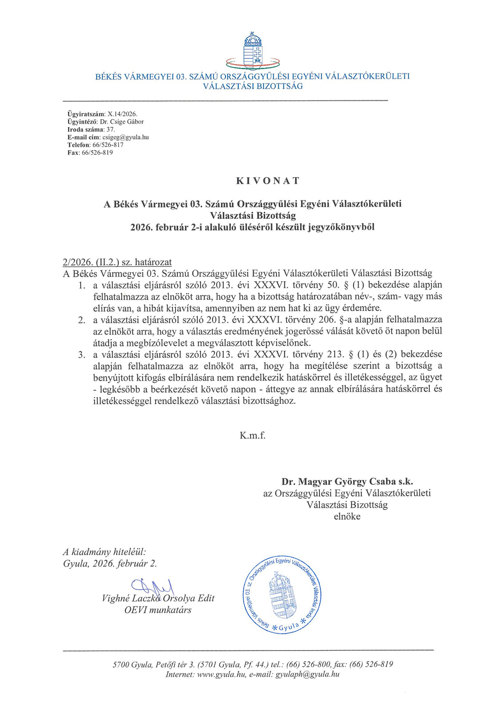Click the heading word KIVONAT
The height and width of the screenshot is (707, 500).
pyautogui.click(x=252, y=180)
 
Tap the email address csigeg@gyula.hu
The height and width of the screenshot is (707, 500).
pyautogui.click(x=123, y=136)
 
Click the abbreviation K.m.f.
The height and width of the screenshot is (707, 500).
pyautogui.click(x=252, y=435)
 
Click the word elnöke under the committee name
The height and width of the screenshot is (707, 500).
pyautogui.click(x=347, y=516)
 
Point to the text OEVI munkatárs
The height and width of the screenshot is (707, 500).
pyautogui.click(x=158, y=610)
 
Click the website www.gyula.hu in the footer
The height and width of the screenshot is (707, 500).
pyautogui.click(x=220, y=674)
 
